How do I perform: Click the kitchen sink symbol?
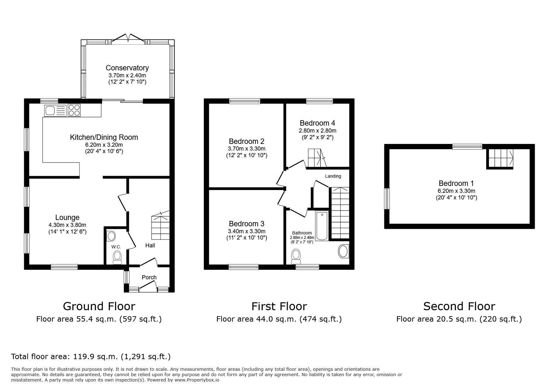click(x=55, y=110)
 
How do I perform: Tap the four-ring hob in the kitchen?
click(x=74, y=110)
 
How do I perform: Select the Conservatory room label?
click(x=127, y=68)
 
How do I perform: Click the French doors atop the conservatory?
click(x=128, y=39)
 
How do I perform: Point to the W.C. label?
click(x=116, y=247)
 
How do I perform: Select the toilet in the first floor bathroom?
click(x=296, y=256)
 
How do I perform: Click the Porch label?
click(x=149, y=277)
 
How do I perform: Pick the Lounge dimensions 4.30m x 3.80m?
click(x=67, y=225)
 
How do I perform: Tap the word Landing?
click(x=333, y=176)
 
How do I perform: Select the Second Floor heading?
click(x=459, y=306)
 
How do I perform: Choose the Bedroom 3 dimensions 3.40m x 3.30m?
click(x=246, y=231)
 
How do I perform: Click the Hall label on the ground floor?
click(x=150, y=245)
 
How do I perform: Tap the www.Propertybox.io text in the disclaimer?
click(x=197, y=380)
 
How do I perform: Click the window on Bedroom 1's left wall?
click(x=387, y=198)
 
